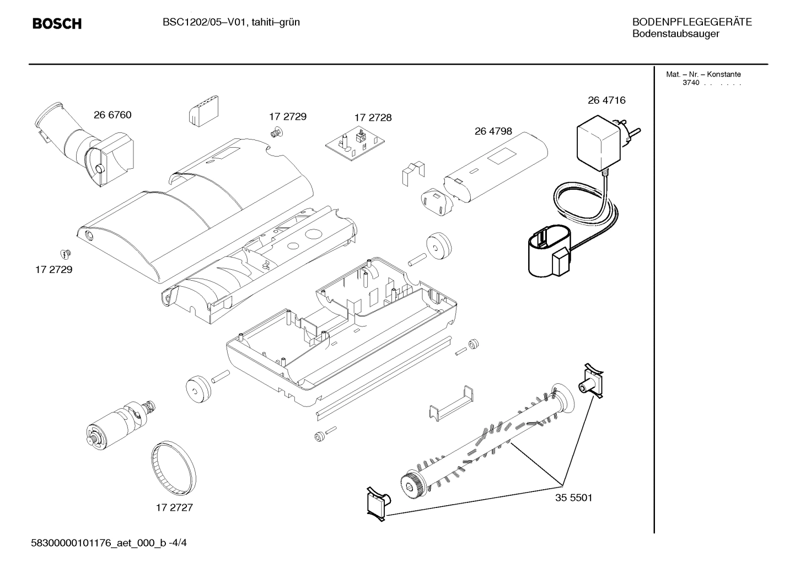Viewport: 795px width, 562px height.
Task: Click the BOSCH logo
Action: pos(57,24)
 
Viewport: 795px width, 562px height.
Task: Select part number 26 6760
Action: pos(112,115)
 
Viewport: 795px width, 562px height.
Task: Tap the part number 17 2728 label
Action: pos(373,117)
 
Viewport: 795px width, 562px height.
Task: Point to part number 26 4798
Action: pos(493,131)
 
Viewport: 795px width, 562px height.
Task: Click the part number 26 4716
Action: pos(606,100)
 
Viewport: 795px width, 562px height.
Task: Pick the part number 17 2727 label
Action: pos(174,507)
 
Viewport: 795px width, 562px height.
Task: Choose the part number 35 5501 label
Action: pos(573,497)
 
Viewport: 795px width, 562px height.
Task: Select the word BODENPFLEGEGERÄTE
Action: pos(692,23)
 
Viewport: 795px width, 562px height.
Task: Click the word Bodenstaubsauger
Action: pos(675,34)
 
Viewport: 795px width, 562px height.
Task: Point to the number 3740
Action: pos(690,83)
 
